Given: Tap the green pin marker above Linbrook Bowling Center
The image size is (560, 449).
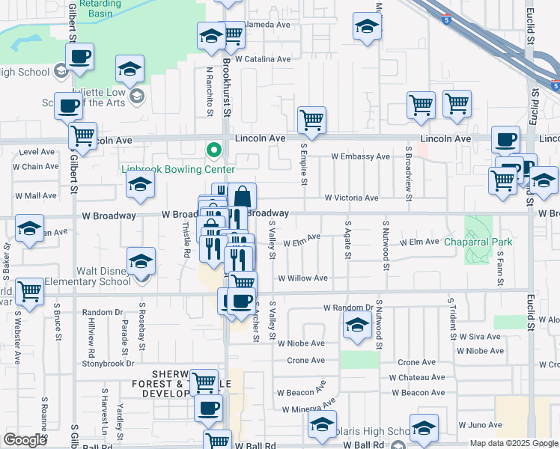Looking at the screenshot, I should click(x=215, y=150).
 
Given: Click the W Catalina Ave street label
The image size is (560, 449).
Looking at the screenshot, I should click(x=262, y=58).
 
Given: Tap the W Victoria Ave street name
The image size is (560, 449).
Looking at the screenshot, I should click(x=351, y=198).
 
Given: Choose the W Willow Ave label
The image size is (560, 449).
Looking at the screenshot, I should click(x=303, y=278).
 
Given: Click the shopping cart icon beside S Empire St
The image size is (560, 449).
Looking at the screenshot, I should click(x=311, y=119).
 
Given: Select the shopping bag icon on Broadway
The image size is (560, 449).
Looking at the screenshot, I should click(x=242, y=197).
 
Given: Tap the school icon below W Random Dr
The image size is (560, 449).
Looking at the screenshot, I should click(x=358, y=326).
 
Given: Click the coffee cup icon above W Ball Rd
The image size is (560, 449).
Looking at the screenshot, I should click(x=208, y=408).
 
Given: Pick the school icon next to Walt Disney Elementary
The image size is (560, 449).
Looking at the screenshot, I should click(x=140, y=262).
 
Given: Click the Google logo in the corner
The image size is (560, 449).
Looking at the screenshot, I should click(x=25, y=440).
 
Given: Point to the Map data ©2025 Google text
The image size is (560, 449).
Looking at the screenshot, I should click(x=514, y=443).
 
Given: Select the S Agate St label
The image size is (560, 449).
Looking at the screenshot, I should click(x=347, y=239).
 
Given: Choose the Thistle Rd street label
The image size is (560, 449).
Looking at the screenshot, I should click(x=186, y=242).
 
